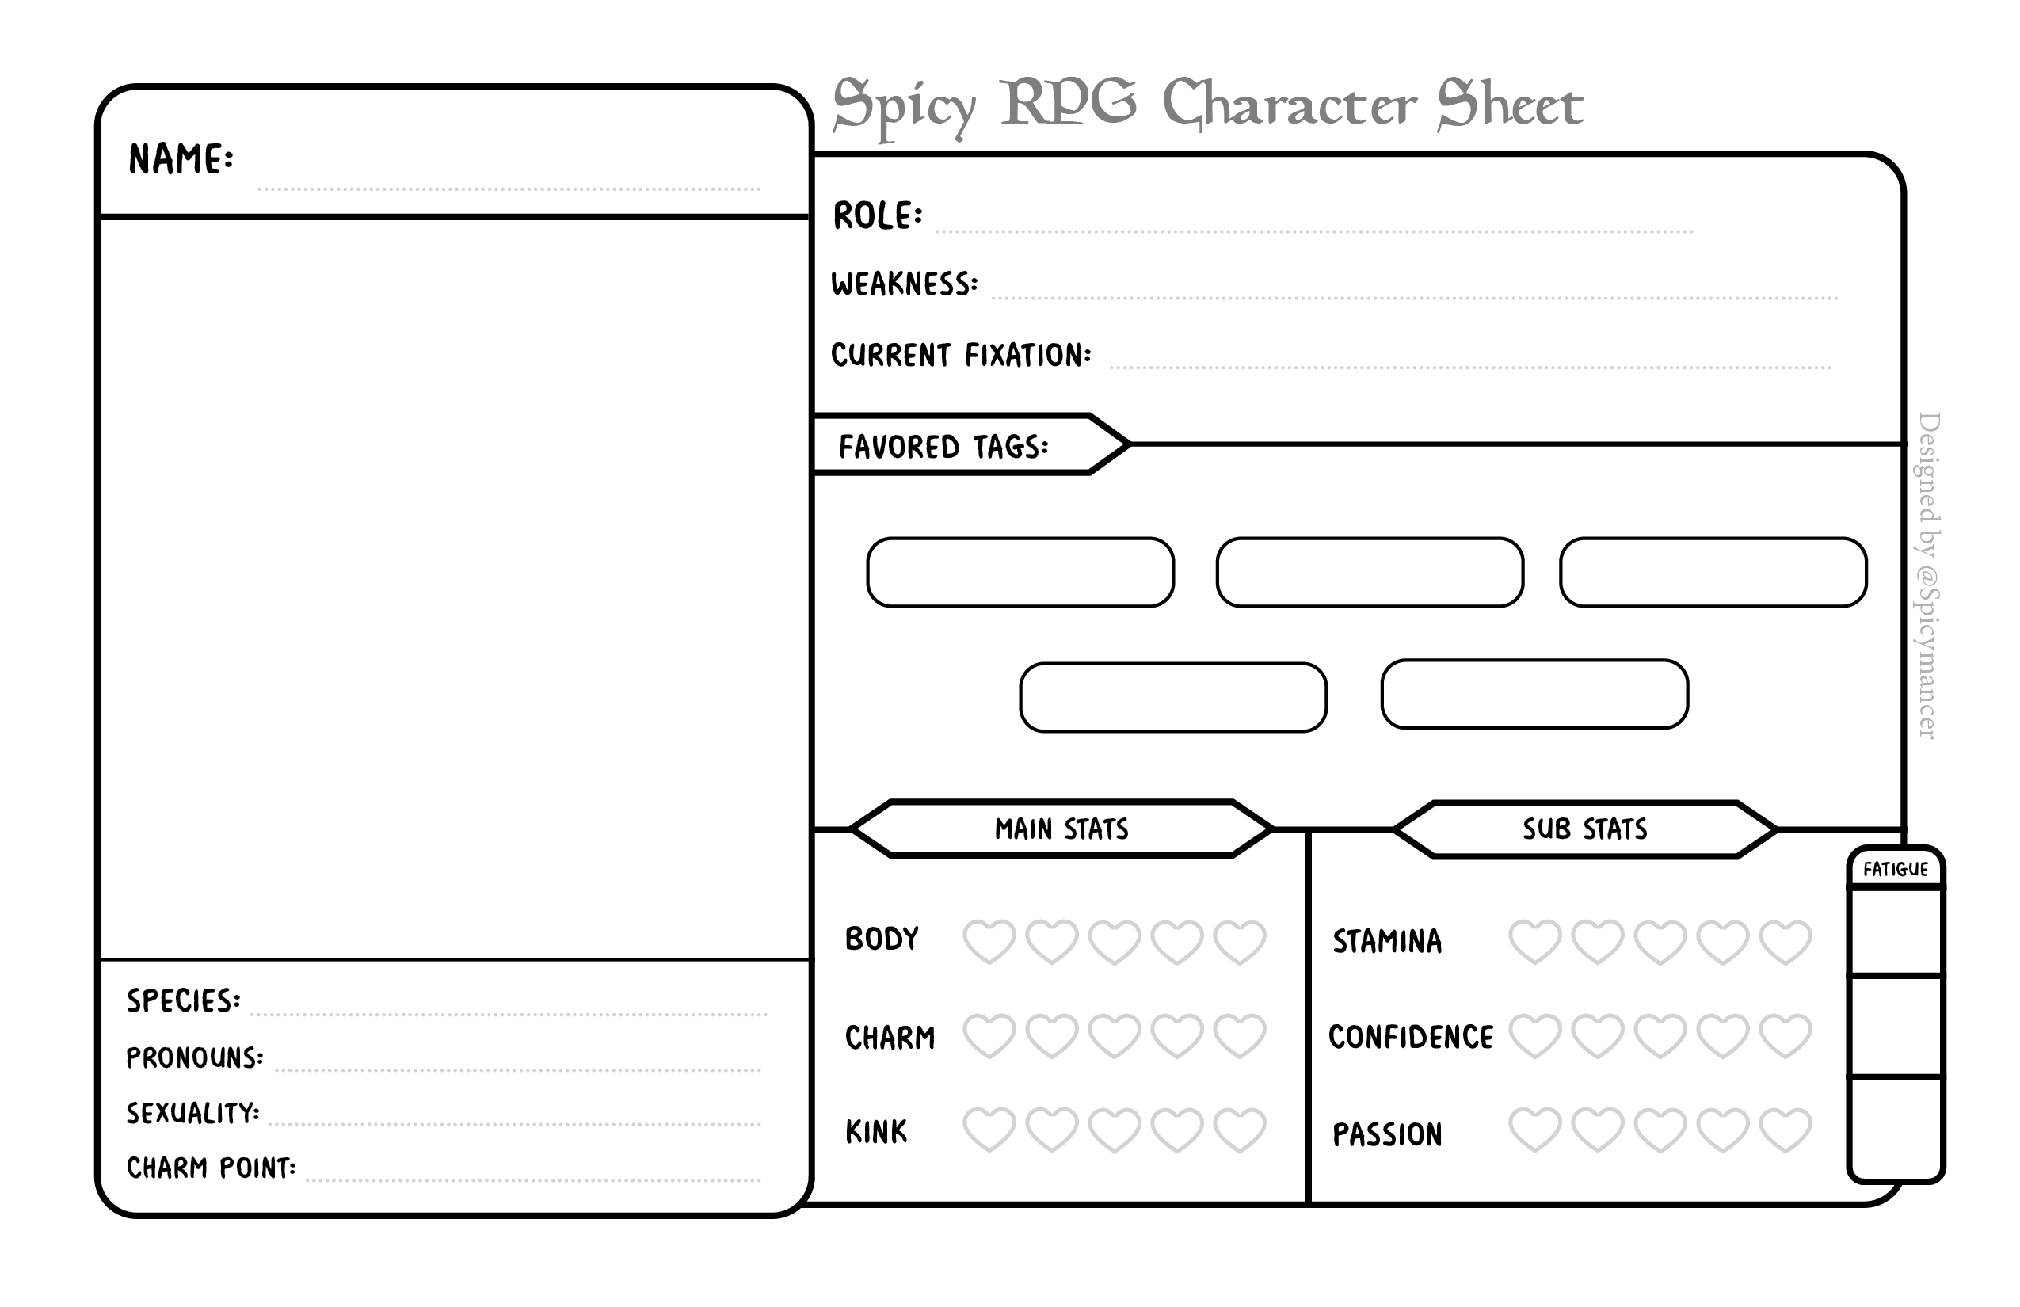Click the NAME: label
(x=181, y=159)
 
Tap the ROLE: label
(x=878, y=215)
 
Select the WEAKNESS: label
(x=905, y=284)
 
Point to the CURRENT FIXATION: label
(x=961, y=355)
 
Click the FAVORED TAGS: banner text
(x=943, y=447)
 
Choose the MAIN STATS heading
(x=1061, y=829)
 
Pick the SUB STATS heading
(x=1584, y=829)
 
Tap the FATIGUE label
(x=1895, y=869)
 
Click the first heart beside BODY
(x=989, y=942)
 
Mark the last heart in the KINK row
(x=1240, y=1130)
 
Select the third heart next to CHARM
(x=1115, y=1035)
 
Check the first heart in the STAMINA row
(x=1534, y=942)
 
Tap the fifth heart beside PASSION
(x=1786, y=1130)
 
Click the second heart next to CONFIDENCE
(x=1597, y=1035)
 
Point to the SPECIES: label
(x=183, y=1000)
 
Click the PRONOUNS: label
(x=195, y=1057)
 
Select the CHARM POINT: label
(x=212, y=1168)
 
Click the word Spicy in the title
(x=905, y=107)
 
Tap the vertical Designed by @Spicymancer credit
(x=1927, y=575)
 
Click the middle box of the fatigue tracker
(x=1895, y=1026)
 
